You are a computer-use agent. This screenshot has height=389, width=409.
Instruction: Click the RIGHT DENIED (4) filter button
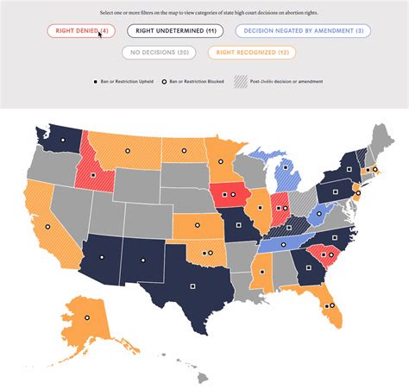[81, 31]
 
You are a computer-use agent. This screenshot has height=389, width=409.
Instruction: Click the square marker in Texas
[194, 285]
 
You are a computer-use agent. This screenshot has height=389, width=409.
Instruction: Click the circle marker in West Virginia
[319, 211]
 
